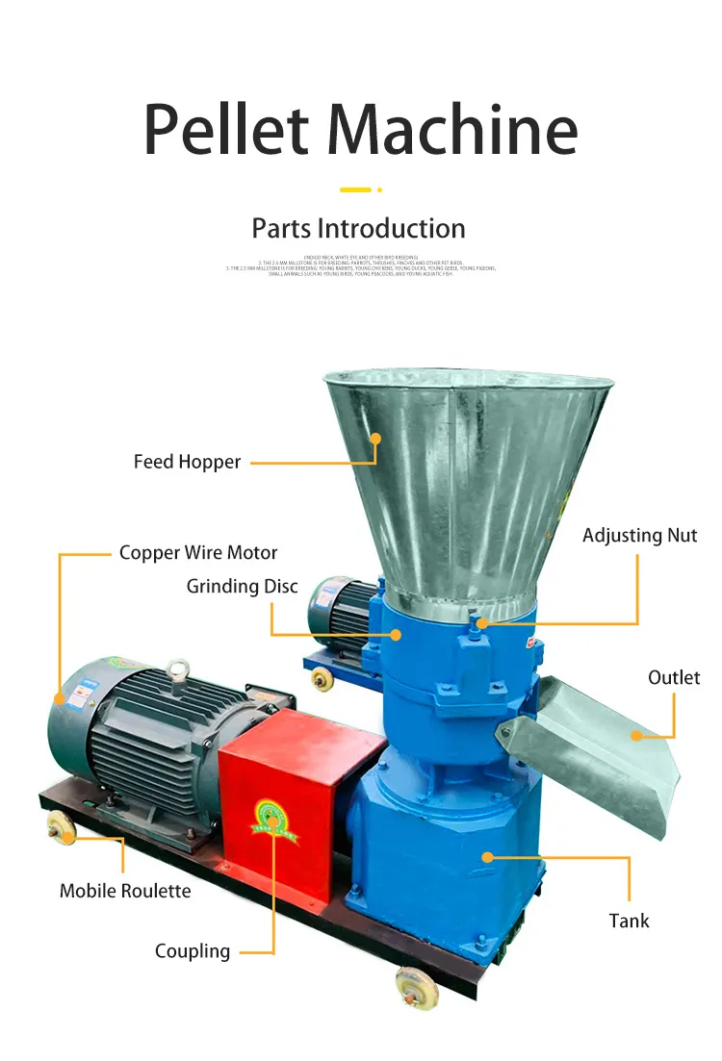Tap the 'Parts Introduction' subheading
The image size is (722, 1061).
click(x=358, y=229)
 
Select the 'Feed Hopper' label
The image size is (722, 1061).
click(x=187, y=462)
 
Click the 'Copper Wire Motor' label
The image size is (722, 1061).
click(x=198, y=553)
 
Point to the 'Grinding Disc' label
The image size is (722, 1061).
click(x=243, y=586)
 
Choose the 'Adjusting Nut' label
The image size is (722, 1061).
click(x=639, y=536)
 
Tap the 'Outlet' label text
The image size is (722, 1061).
click(x=674, y=678)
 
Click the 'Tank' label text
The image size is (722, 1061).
click(x=629, y=921)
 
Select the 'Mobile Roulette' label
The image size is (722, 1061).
click(x=125, y=891)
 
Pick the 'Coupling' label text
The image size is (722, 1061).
click(x=193, y=951)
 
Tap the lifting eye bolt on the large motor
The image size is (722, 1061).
click(x=177, y=668)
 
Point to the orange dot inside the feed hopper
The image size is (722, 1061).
click(x=375, y=439)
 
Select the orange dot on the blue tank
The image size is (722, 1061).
click(x=487, y=855)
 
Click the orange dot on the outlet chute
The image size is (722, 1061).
click(x=636, y=736)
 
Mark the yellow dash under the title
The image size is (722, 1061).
click(x=355, y=189)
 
